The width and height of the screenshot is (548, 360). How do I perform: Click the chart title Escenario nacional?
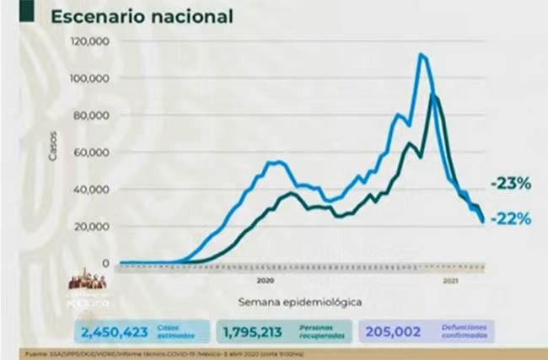point(142,16)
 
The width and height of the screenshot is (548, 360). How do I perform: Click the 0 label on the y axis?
point(106,263)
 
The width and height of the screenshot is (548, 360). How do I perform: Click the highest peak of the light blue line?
point(421,55)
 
